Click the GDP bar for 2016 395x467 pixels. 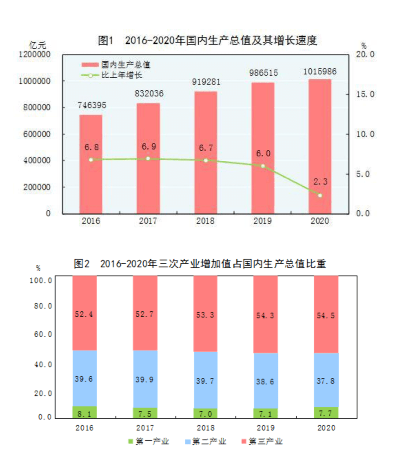point(91,164)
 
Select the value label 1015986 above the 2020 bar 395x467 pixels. point(320,72)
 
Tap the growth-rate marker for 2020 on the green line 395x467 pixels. point(320,195)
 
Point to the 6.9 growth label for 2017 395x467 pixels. point(149,147)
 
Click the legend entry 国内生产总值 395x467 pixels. point(116,65)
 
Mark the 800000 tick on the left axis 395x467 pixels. point(34,107)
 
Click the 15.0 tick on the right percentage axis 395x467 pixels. point(365,94)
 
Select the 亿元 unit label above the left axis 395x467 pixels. point(38,45)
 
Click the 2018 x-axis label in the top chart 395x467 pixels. point(205,221)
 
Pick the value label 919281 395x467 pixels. point(206,82)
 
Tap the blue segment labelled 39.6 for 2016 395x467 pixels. point(84,379)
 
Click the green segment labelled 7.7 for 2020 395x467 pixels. point(326,413)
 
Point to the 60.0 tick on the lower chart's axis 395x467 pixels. point(43,334)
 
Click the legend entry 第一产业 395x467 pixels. point(148,441)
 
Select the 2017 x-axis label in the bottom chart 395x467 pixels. point(145,428)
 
